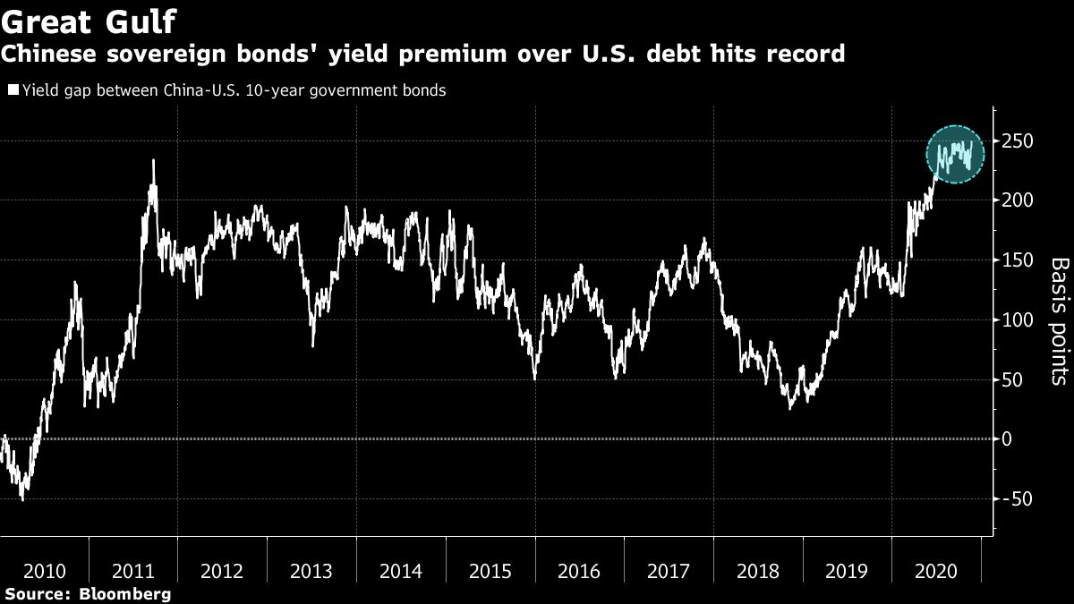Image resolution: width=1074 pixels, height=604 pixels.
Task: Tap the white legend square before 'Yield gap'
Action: click(x=13, y=90)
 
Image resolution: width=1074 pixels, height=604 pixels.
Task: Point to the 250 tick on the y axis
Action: click(x=1017, y=141)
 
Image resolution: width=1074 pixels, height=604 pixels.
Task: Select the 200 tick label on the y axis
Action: click(x=1017, y=200)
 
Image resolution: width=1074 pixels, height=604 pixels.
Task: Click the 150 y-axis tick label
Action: click(x=1017, y=260)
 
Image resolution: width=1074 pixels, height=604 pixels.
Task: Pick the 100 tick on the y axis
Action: click(x=1017, y=319)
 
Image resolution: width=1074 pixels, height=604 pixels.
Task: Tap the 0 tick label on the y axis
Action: click(x=1008, y=438)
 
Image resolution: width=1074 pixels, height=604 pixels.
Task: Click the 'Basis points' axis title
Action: click(x=1058, y=321)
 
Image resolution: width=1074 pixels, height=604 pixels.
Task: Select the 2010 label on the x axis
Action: click(x=45, y=570)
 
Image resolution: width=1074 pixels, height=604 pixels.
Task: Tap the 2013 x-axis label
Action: click(x=312, y=570)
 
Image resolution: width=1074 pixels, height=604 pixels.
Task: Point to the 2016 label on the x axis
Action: click(x=580, y=570)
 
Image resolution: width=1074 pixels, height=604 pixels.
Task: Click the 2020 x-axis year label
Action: click(x=936, y=570)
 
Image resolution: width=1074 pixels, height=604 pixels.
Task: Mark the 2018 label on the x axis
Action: click(x=758, y=570)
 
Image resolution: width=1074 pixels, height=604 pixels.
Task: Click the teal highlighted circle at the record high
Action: click(x=954, y=154)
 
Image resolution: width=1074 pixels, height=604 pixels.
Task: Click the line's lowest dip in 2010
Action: click(x=22, y=498)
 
